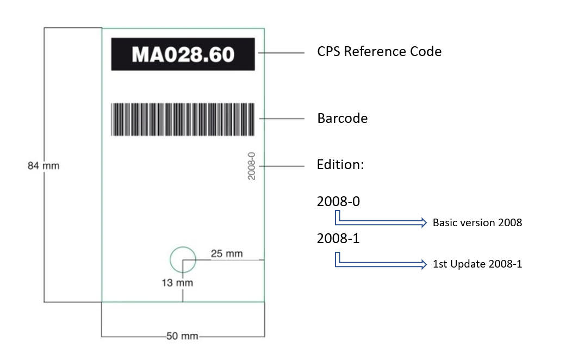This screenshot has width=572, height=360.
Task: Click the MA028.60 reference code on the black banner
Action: click(x=183, y=54)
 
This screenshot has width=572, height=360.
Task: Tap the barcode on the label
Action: click(x=183, y=119)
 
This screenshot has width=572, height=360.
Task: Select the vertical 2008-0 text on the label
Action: click(x=251, y=166)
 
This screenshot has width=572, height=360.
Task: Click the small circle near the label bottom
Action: click(x=183, y=259)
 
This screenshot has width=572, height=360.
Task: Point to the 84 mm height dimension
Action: click(x=43, y=166)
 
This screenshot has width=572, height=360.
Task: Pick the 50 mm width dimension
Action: click(x=182, y=337)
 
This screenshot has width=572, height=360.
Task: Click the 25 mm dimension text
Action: click(x=227, y=253)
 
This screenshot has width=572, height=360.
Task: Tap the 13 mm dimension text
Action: click(x=177, y=283)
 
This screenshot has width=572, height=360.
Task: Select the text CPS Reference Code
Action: click(x=379, y=52)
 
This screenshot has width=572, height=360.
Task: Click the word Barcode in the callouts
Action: click(x=342, y=118)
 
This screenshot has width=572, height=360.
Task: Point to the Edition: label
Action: click(x=340, y=164)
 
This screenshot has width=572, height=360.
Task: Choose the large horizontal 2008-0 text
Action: click(x=338, y=201)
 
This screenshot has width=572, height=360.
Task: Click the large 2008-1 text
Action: click(x=338, y=238)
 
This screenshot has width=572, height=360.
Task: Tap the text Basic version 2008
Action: click(x=477, y=222)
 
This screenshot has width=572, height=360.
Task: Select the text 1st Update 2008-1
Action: click(x=477, y=264)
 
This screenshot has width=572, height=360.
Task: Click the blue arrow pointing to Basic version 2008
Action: click(x=381, y=222)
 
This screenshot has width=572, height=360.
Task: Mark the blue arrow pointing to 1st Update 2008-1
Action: click(x=381, y=264)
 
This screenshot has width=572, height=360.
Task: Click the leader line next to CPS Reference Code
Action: click(x=281, y=53)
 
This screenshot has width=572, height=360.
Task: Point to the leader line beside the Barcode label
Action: click(x=281, y=118)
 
